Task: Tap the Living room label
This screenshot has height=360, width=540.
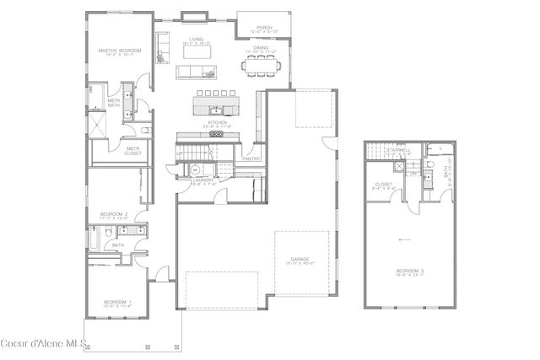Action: pyautogui.click(x=196, y=40)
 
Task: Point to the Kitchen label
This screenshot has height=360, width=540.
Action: pyautogui.click(x=218, y=123)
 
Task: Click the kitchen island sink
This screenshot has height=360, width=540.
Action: pyautogui.click(x=216, y=109)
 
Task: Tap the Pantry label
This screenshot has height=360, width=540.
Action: pyautogui.click(x=250, y=158)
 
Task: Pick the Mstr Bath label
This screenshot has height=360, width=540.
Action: pyautogui.click(x=113, y=102)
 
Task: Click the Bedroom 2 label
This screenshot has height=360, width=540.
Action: pyautogui.click(x=114, y=214)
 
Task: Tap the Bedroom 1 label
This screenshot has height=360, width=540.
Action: pyautogui.click(x=116, y=302)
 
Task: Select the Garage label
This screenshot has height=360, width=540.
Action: pyautogui.click(x=299, y=260)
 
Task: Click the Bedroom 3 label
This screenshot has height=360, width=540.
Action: pyautogui.click(x=409, y=271)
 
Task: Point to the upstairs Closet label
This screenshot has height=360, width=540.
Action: pyautogui.click(x=384, y=185)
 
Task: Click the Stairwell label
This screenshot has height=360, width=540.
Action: pyautogui.click(x=397, y=151)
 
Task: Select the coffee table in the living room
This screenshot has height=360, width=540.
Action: pyautogui.click(x=196, y=51)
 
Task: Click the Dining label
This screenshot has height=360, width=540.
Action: pyautogui.click(x=261, y=48)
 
